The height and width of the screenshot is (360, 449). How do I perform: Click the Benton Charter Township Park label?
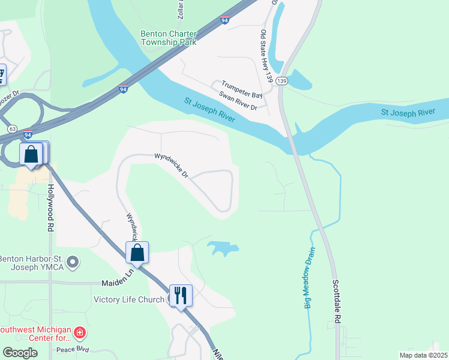tap(169, 38)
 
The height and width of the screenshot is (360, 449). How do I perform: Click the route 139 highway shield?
tap(283, 80)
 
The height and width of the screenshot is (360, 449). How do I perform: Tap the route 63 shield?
tap(12, 129)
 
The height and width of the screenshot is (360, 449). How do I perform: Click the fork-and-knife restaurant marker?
tap(181, 296)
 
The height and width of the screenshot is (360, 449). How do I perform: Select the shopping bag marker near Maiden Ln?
tap(137, 253)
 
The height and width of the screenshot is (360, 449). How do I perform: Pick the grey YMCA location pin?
tap(73, 262)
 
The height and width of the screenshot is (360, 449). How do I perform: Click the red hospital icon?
tap(80, 332)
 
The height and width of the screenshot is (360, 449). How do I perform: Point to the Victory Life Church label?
tap(129, 299)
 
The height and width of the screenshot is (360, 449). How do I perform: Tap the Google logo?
tap(20, 353)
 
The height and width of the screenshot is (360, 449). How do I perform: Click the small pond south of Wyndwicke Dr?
tap(223, 247)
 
